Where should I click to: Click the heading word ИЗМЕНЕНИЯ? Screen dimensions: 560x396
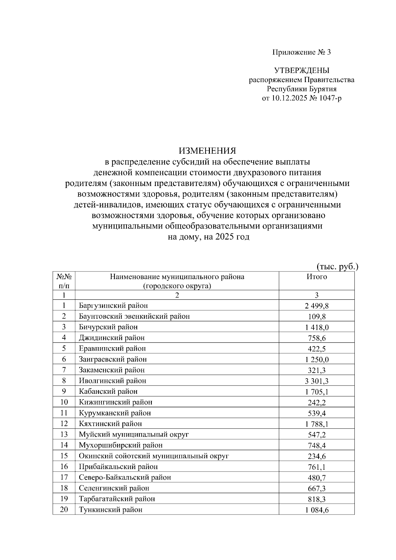(207, 151)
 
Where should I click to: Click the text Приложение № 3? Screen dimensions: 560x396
(301, 52)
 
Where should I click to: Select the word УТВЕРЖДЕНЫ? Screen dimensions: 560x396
(301, 70)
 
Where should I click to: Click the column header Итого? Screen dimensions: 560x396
(316, 277)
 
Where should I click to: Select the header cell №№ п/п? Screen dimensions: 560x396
(64, 281)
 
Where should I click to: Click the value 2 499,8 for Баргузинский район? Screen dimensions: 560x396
(316, 306)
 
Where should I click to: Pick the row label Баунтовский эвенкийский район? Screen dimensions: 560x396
(134, 317)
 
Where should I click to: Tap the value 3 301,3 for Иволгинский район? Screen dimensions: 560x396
(316, 381)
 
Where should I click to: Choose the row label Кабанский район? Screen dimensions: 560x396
(108, 391)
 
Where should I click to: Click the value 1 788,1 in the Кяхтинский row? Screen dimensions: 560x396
(316, 424)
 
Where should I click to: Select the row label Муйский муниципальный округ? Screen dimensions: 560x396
(134, 435)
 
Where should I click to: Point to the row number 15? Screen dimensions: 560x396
(64, 456)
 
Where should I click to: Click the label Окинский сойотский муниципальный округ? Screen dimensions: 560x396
(153, 456)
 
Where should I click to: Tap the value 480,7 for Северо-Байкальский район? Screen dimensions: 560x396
(316, 478)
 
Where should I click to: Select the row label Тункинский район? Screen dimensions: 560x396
(111, 510)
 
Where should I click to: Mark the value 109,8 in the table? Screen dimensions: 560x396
(316, 317)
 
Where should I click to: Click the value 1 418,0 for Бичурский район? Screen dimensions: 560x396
(316, 327)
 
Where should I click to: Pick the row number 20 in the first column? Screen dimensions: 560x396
(64, 510)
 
